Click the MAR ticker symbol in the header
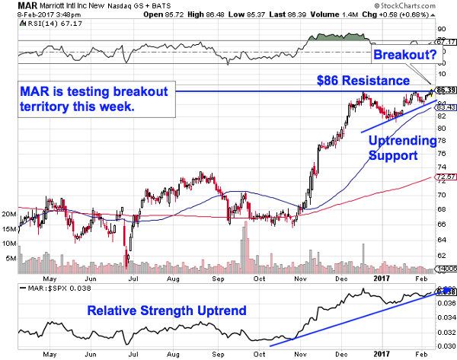(14, 6)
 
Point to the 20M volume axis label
(9, 215)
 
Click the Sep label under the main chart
(219, 279)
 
